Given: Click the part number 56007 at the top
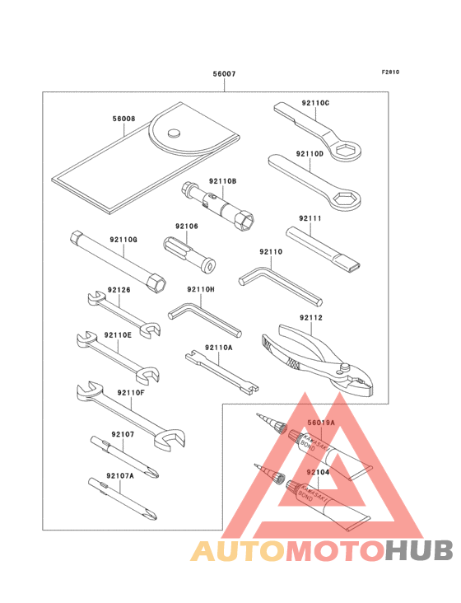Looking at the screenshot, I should coord(224,74).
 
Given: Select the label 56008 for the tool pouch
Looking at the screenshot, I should coord(124,119).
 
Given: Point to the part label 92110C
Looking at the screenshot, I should coord(315,103).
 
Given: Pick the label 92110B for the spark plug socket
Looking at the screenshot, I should coord(222,180).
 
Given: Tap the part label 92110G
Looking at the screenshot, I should coord(123,240).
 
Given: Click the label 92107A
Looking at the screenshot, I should coord(119,476).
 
